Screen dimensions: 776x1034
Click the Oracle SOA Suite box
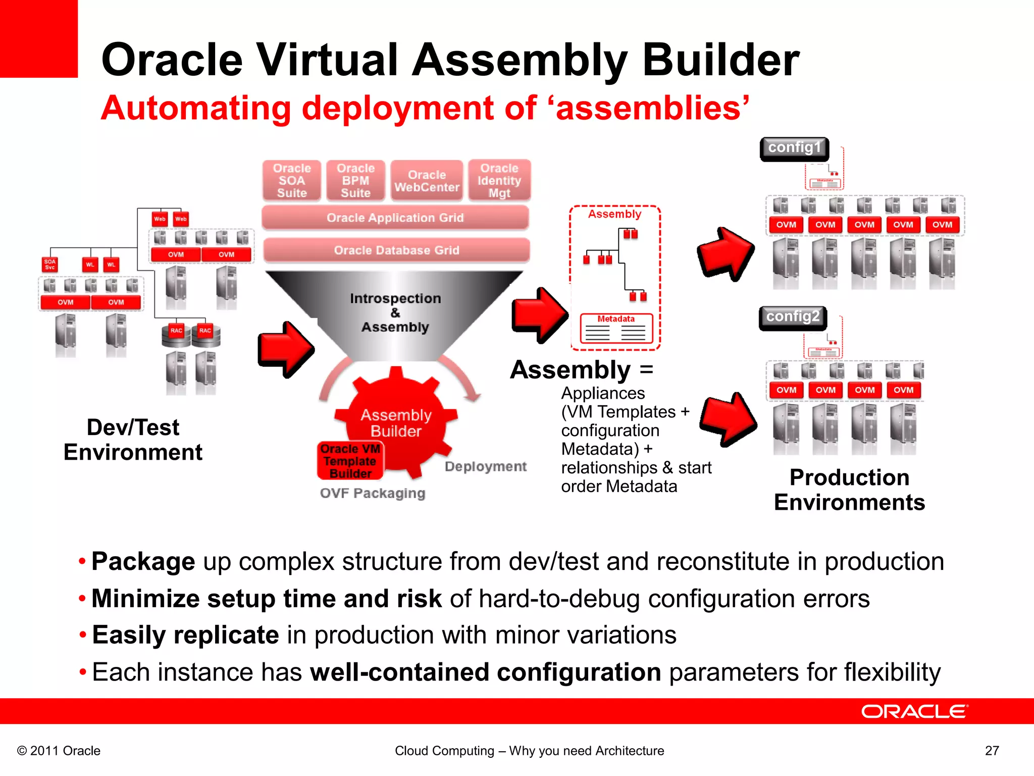pos(292,180)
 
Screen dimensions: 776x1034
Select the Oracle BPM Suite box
pos(355,180)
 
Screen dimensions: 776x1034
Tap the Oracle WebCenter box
pos(427,181)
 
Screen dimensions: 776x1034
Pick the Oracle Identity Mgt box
pos(499,180)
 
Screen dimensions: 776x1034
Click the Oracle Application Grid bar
pos(395,218)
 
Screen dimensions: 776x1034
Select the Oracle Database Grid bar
pos(396,250)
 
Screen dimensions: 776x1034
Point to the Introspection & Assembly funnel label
pos(395,313)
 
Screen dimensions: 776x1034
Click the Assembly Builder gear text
pos(396,423)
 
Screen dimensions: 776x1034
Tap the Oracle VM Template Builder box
pos(350,461)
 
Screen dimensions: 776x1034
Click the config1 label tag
pos(794,148)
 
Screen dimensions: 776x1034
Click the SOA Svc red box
pos(49,264)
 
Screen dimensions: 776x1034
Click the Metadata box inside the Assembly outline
pos(616,329)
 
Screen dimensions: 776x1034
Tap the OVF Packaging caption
pos(373,493)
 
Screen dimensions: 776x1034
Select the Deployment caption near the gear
pos(485,466)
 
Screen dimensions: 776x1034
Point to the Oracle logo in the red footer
pos(914,711)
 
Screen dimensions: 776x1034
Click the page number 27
pos(992,751)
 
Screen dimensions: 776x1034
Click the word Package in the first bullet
pos(143,561)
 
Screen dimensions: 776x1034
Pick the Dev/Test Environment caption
pos(133,440)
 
